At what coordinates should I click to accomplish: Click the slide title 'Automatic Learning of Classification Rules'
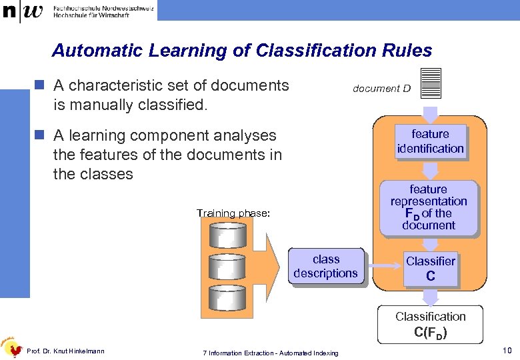point(242,51)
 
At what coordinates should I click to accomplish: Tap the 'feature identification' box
point(430,141)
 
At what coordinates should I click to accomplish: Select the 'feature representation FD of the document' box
point(429,207)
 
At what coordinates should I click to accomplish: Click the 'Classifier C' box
point(430,268)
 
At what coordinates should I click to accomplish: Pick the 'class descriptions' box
point(325,267)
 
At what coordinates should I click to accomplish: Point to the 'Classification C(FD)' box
point(430,324)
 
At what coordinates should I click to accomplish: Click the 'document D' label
point(381,88)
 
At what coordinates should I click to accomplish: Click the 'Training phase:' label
point(233,213)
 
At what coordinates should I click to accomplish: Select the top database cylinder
point(227,235)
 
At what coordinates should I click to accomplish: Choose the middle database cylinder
point(227,266)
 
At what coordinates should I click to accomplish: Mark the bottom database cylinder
point(227,298)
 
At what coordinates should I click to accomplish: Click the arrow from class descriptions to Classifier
point(383,267)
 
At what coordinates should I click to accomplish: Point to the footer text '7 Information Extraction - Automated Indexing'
point(270,353)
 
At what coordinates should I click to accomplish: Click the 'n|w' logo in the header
point(23,12)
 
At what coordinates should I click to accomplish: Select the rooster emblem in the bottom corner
point(11,346)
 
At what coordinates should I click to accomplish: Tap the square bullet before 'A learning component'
point(40,135)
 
